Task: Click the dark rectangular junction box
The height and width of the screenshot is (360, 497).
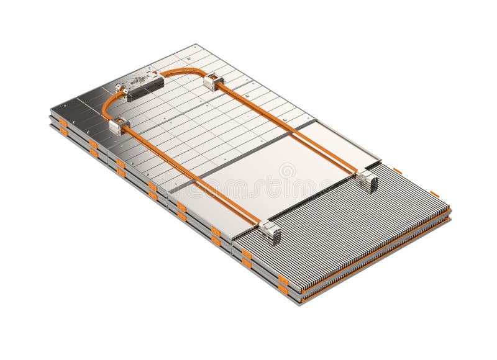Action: click(144, 86)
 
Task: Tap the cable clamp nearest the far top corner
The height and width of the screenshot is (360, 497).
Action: click(214, 79)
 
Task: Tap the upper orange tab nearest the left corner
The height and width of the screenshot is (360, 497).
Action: click(63, 122)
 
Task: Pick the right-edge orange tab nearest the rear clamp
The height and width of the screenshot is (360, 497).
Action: click(398, 168)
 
